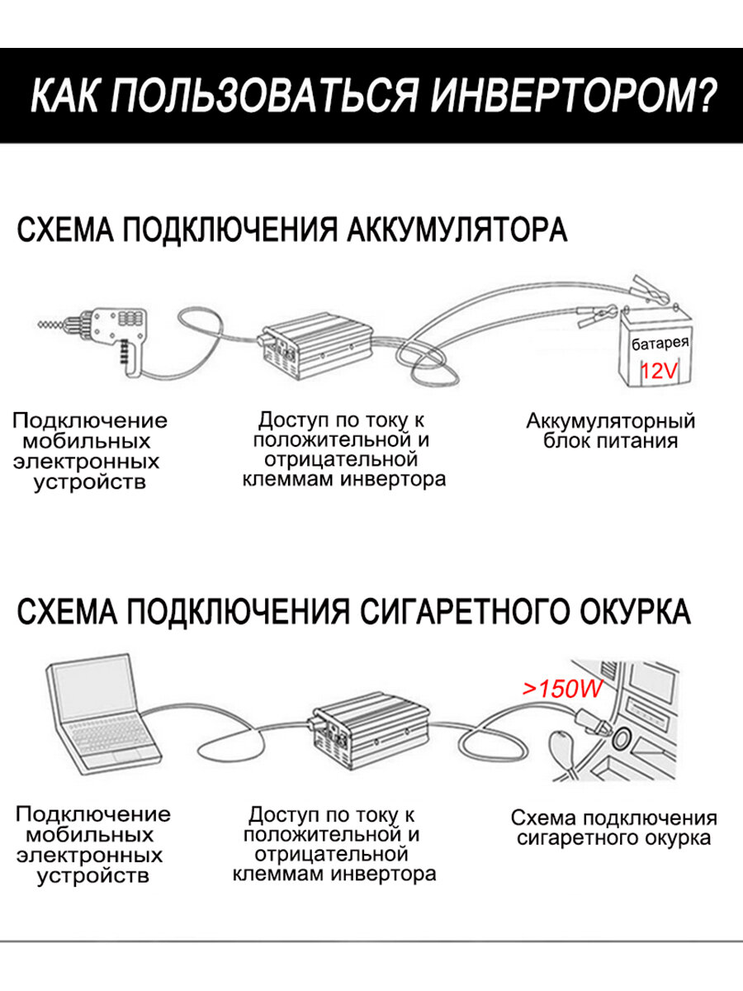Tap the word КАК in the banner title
click(x=64, y=97)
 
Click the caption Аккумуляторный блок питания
click(x=611, y=430)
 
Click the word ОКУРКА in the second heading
click(x=632, y=612)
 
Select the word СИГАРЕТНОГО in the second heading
click(x=462, y=612)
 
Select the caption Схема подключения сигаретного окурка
click(x=613, y=828)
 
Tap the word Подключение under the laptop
click(x=93, y=814)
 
